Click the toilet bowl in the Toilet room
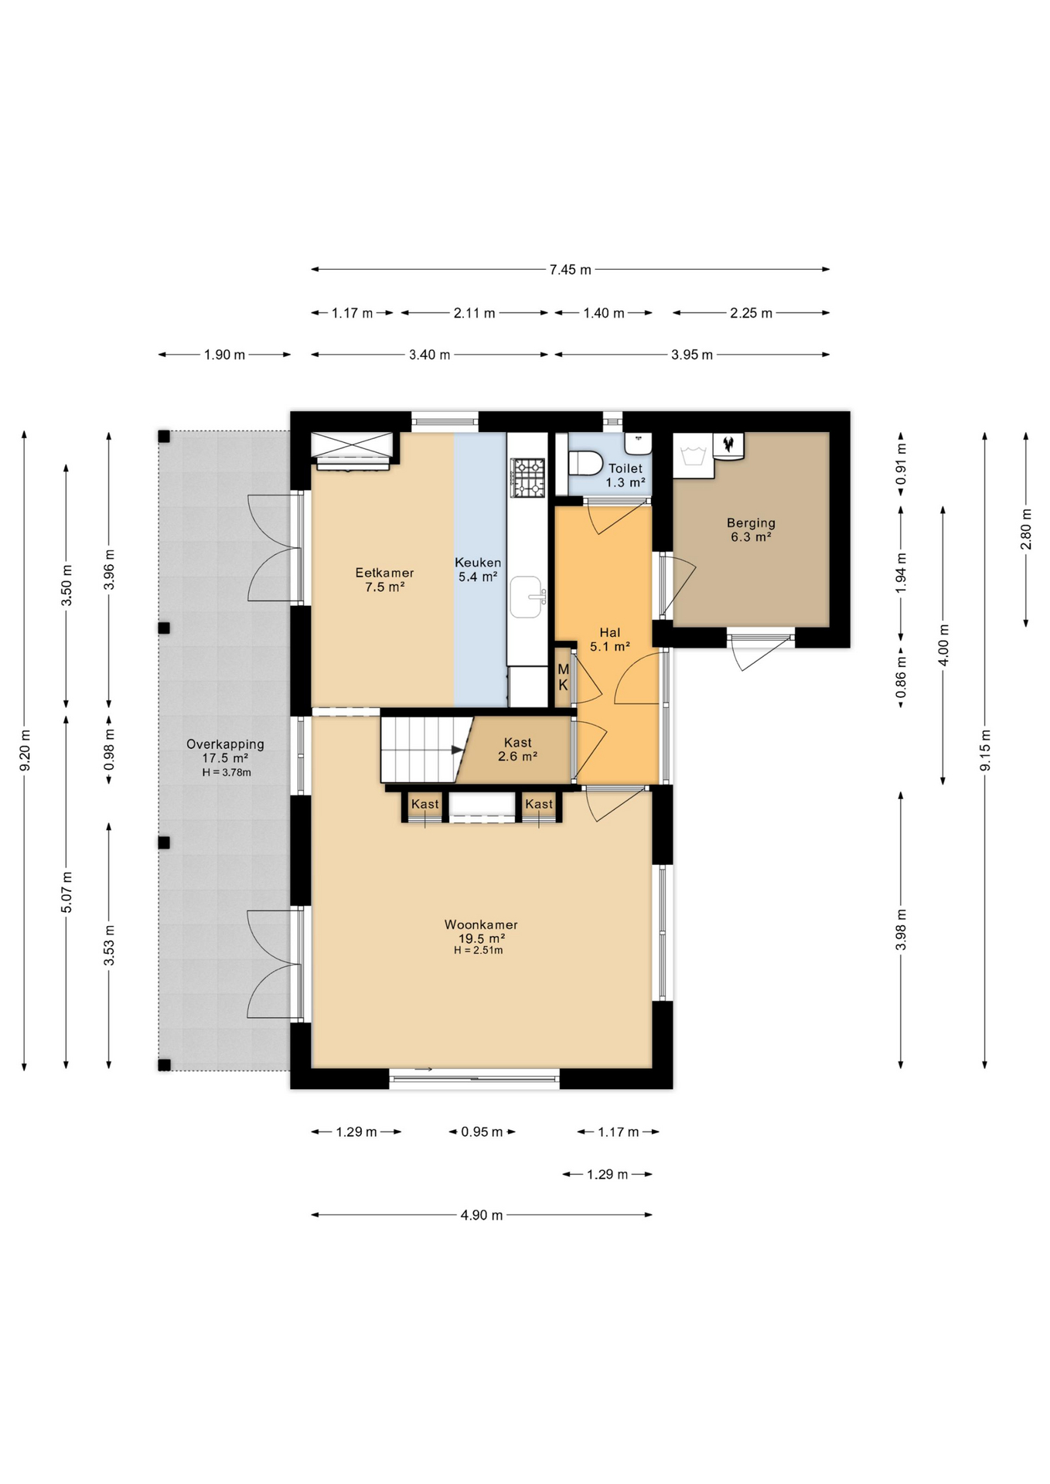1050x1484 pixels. [585, 463]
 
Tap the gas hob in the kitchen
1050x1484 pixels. [527, 477]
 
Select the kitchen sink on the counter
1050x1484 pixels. [527, 597]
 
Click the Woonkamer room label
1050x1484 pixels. [481, 924]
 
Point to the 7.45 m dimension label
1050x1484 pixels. [570, 270]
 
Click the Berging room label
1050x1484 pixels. [751, 523]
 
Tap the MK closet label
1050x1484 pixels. [563, 678]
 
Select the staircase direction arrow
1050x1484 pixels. [457, 750]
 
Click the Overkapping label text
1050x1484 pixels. [225, 744]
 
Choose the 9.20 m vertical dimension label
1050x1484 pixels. [25, 750]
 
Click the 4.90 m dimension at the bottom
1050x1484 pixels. [482, 1215]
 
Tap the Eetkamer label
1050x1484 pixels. [384, 573]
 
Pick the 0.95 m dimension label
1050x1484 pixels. [482, 1132]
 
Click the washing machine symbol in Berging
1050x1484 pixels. [693, 456]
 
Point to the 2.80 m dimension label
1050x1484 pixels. [1026, 529]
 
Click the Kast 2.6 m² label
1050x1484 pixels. [517, 750]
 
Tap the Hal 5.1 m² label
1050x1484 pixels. [609, 639]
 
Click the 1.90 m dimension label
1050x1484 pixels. [224, 355]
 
